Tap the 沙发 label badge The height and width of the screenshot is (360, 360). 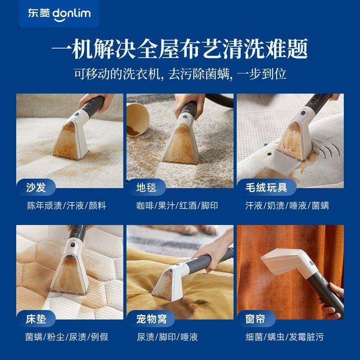coord(36,187)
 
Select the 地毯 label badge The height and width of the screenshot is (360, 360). coord(146,187)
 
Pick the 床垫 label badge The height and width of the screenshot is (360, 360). coord(36,319)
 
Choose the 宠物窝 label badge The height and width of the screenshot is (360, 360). coord(151,319)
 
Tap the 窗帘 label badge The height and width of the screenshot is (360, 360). coord(256,319)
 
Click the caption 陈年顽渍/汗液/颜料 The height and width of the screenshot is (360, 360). coord(66,205)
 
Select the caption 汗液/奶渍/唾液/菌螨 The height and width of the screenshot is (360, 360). coord(288,205)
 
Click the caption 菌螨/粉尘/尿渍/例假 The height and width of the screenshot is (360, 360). coord(66,337)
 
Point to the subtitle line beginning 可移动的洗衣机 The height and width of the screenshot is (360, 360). coord(180,73)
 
